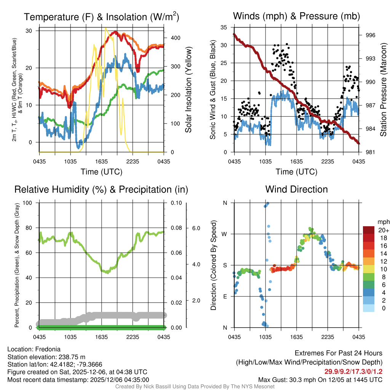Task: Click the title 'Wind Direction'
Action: (296, 189)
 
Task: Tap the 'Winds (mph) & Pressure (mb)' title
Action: (296, 16)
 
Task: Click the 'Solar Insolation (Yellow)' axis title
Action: (188, 90)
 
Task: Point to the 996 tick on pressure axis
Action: (371, 35)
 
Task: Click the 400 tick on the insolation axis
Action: (176, 38)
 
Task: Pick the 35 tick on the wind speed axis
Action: (224, 27)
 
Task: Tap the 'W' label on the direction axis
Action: (225, 234)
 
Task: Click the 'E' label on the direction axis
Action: (225, 296)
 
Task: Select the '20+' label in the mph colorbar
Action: (383, 230)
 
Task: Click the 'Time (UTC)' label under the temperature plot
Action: (101, 172)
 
